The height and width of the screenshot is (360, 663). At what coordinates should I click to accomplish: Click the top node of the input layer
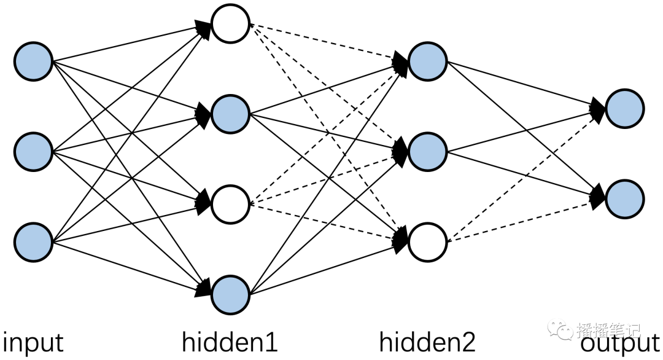[33, 61]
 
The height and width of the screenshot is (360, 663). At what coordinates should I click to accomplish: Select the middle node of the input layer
[33, 152]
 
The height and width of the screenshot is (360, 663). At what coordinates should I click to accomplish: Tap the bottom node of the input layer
[33, 243]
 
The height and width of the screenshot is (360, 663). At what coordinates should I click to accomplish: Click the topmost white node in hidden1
[230, 24]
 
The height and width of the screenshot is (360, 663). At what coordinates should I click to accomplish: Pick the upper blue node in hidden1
[230, 114]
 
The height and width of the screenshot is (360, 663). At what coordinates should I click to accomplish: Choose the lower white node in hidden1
[230, 205]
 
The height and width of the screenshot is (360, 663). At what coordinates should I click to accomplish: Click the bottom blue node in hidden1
[230, 295]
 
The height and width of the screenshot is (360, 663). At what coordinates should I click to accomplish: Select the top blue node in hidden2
[427, 61]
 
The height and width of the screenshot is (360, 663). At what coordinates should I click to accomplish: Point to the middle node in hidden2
[427, 152]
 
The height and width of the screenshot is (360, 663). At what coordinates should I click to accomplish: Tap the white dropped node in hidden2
[427, 243]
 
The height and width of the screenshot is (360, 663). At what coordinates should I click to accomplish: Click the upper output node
[625, 109]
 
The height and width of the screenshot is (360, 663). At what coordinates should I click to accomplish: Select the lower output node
[625, 199]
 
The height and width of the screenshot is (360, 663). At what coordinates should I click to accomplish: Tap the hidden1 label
[230, 342]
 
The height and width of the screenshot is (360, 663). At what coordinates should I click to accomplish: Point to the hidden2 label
[427, 342]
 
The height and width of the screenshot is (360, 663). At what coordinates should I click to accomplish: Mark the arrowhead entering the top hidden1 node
[203, 29]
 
